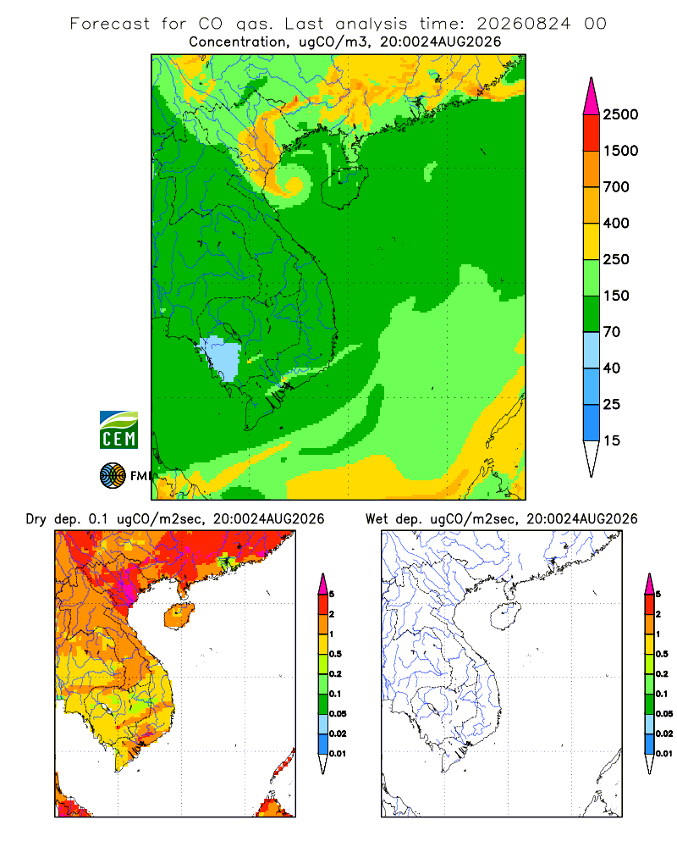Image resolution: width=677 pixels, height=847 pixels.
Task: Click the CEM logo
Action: click(x=118, y=429)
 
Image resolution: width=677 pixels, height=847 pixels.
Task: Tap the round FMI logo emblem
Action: click(x=113, y=475)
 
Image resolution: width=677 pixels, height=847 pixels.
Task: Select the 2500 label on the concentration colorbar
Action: click(x=620, y=114)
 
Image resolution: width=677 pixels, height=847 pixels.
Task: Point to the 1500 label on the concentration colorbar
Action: click(x=620, y=151)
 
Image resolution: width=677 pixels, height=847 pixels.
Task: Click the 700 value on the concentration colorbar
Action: click(x=616, y=187)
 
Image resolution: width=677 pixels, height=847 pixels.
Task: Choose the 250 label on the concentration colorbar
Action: click(x=616, y=259)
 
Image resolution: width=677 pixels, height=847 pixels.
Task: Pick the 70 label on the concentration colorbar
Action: click(x=611, y=332)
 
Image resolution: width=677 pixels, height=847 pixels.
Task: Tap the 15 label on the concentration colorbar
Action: click(x=611, y=440)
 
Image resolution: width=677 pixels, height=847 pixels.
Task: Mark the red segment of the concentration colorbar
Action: click(x=592, y=133)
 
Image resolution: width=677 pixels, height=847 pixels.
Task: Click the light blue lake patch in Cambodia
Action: click(x=220, y=358)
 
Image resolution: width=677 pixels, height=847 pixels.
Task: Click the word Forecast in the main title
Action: click(x=110, y=24)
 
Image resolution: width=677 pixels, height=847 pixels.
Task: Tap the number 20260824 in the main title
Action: click(x=523, y=24)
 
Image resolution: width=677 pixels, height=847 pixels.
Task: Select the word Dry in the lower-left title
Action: click(x=36, y=520)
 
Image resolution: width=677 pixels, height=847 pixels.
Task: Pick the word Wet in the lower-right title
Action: click(x=377, y=519)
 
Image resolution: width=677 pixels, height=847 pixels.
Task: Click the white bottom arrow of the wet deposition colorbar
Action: click(x=649, y=764)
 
